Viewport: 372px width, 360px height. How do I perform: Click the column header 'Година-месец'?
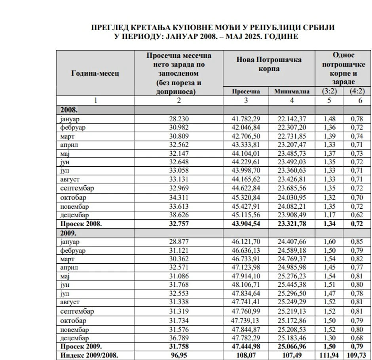point(95,73)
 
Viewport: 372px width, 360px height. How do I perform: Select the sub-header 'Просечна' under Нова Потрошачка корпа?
point(246,91)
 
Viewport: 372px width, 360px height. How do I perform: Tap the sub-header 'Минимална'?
point(292,91)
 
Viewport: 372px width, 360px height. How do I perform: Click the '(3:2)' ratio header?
point(329,91)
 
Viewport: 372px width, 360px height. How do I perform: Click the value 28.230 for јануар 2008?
point(179,118)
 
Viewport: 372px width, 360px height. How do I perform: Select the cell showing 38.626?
point(179,215)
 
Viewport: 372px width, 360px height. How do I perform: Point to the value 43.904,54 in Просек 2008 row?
point(246,224)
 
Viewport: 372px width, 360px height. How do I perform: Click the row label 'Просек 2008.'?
point(81,224)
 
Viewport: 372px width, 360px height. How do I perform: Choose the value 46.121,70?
point(246,242)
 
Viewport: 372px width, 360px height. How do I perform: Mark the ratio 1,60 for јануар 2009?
point(329,242)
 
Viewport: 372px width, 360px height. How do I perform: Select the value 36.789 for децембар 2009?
point(179,338)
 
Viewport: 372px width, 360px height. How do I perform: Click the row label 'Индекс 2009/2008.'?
point(89,355)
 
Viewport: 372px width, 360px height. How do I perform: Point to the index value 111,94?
point(329,355)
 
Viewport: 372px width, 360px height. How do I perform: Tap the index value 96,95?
point(179,355)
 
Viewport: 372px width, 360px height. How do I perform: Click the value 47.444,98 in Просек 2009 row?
point(246,347)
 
